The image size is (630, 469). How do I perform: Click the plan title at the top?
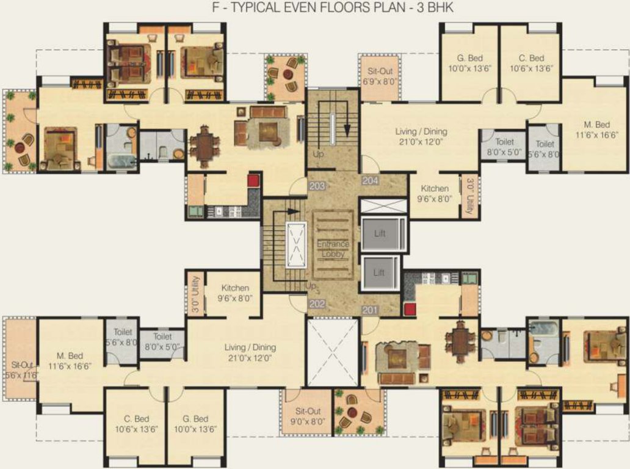(x=314, y=9)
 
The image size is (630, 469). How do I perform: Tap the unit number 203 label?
(x=317, y=186)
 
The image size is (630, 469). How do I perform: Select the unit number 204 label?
(x=370, y=181)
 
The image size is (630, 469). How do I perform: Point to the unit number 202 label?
(x=317, y=304)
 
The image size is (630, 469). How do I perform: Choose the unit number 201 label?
(x=370, y=310)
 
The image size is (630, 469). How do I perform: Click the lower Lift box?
(x=379, y=272)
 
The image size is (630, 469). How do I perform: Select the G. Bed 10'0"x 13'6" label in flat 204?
(x=469, y=63)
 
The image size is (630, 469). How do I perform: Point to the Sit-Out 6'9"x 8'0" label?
(x=379, y=76)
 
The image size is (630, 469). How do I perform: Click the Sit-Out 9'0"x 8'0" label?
(x=308, y=416)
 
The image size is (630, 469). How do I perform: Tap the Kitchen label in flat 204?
(x=434, y=193)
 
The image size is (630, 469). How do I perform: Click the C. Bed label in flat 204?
(x=531, y=63)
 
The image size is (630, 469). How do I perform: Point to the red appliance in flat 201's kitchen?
(x=409, y=308)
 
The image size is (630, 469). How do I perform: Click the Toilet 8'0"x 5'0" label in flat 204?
(x=504, y=147)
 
